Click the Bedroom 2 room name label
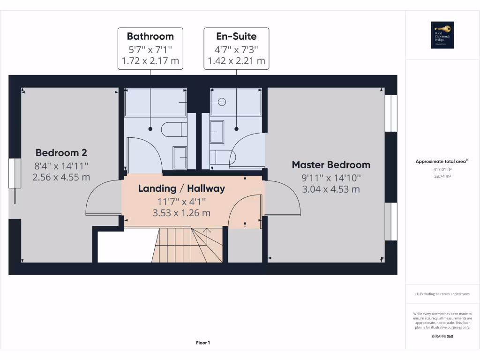[61, 153]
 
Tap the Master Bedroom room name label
[331, 165]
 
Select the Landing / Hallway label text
[181, 188]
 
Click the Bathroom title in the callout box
[150, 36]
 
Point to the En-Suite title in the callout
[236, 36]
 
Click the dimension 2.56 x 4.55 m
[61, 177]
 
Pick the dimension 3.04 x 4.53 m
[331, 189]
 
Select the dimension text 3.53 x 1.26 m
[181, 213]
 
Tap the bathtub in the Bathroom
[156, 102]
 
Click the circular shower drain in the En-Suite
[222, 102]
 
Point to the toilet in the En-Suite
[221, 157]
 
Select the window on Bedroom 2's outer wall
[12, 174]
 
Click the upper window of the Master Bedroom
[390, 113]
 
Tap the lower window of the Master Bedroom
[390, 221]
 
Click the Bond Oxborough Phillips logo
[442, 35]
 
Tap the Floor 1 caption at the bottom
[203, 343]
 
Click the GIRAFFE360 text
[442, 336]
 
